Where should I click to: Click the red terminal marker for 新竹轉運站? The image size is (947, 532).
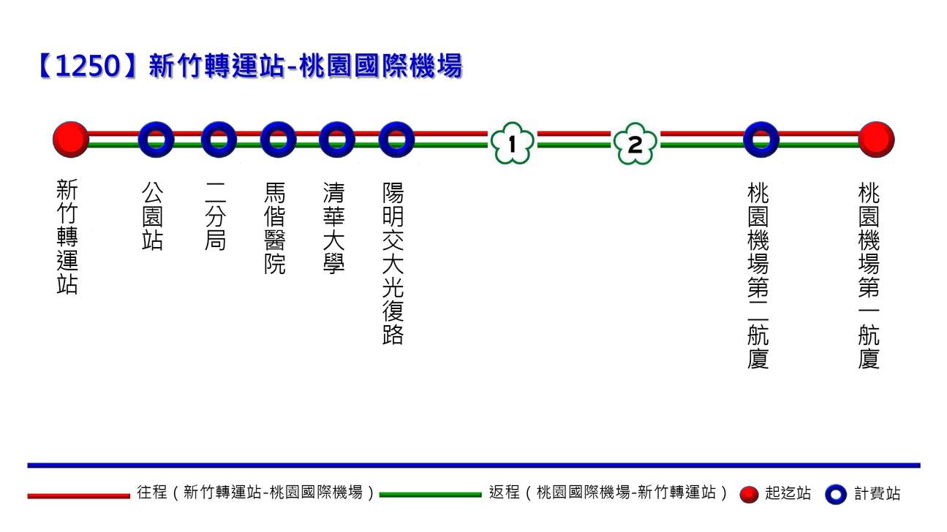click(71, 140)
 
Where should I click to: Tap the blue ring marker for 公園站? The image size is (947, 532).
click(156, 140)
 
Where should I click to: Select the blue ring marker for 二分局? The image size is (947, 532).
click(219, 140)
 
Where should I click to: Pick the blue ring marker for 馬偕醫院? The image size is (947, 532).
click(278, 140)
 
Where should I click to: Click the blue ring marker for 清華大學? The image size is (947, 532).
click(336, 140)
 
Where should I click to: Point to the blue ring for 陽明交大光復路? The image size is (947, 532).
click(396, 140)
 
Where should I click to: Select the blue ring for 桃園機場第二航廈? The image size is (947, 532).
click(761, 140)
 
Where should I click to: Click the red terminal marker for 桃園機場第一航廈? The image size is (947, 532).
click(875, 140)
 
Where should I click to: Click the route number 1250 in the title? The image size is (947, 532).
click(86, 66)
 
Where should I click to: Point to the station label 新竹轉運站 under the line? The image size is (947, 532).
click(67, 238)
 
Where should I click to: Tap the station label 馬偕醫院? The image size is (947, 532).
click(275, 229)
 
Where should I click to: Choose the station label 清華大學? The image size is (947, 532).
click(333, 229)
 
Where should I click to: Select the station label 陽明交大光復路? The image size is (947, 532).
click(393, 263)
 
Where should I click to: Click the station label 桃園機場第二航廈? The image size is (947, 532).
click(758, 276)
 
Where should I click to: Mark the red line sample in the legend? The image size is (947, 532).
click(78, 495)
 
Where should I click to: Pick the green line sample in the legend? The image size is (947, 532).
click(430, 495)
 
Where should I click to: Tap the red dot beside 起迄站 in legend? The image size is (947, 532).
click(749, 495)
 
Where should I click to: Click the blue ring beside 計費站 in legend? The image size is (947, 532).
click(835, 495)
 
